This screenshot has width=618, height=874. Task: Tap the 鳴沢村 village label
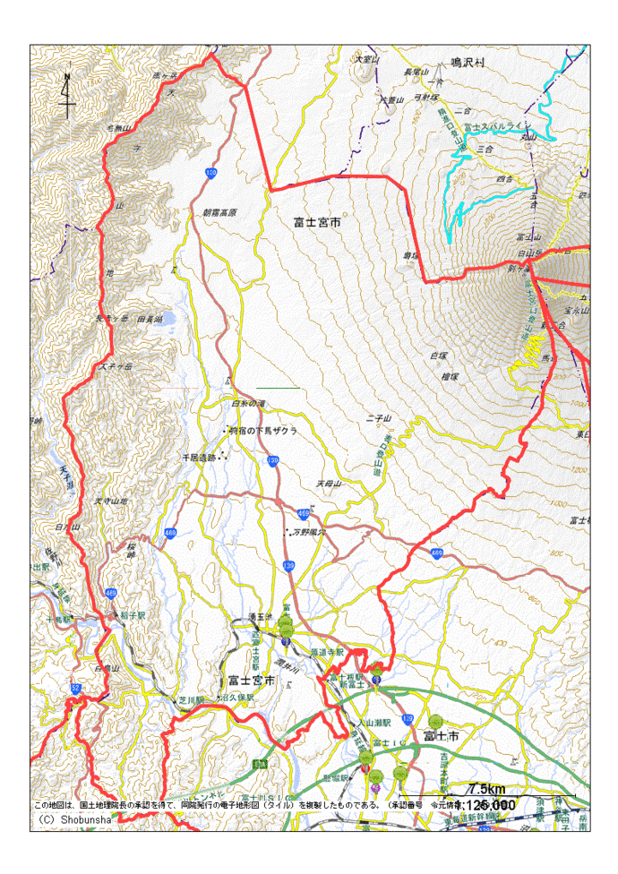[467, 63]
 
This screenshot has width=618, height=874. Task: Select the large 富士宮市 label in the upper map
[317, 219]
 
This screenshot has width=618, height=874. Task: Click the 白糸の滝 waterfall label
[248, 404]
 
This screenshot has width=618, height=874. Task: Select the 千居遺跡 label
[201, 457]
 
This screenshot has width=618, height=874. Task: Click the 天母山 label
[329, 484]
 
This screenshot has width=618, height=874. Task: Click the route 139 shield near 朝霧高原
[210, 172]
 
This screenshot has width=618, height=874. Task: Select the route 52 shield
[74, 688]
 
